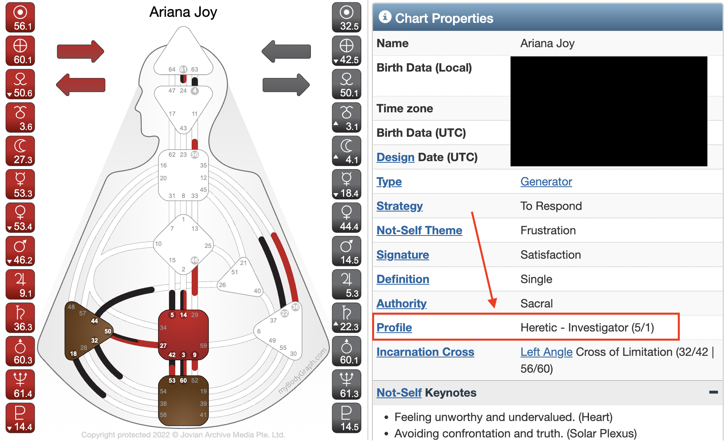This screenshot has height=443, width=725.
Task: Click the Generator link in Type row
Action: (x=546, y=182)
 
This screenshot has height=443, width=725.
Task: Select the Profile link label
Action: (x=394, y=327)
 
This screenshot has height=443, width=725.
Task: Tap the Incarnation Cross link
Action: (x=425, y=352)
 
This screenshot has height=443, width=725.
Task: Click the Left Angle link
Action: (x=546, y=352)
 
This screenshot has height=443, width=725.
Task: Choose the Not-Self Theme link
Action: (x=419, y=230)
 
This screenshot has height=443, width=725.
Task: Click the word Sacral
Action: (x=536, y=303)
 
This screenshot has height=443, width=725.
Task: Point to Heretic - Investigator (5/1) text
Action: (x=587, y=327)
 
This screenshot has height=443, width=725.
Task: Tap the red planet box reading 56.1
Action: (x=20, y=18)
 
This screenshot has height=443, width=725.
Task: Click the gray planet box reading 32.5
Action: (x=346, y=18)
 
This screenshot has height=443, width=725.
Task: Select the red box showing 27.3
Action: (x=20, y=151)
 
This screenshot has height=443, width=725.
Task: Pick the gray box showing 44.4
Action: (x=346, y=218)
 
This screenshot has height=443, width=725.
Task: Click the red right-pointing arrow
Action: (x=80, y=51)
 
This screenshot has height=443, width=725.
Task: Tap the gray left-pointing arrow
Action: (x=286, y=51)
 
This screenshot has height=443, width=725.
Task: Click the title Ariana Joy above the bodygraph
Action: (x=183, y=12)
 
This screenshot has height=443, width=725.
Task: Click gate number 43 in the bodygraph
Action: (x=183, y=128)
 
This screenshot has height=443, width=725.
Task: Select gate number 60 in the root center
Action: (x=183, y=381)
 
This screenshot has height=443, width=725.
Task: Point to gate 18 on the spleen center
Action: (x=73, y=353)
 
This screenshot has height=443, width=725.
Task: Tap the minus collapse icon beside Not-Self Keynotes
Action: (x=713, y=392)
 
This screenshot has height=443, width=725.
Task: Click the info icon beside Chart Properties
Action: (x=385, y=17)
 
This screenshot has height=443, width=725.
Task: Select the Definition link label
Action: (x=403, y=279)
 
